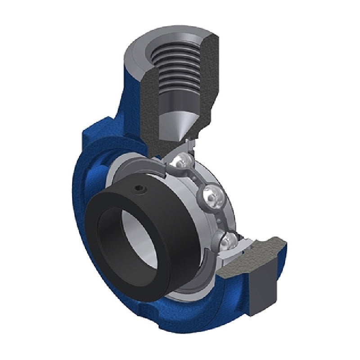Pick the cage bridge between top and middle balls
(x=196, y=178)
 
